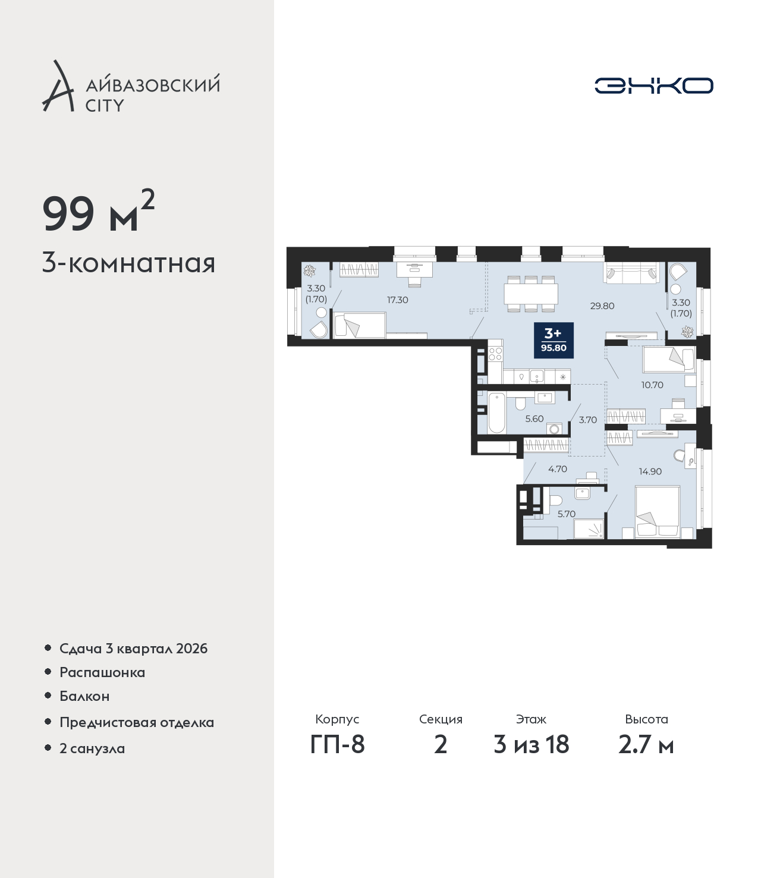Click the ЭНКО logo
tap(653, 85)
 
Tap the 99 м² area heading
tap(98, 212)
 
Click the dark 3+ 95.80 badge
tap(554, 340)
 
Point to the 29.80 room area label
tap(602, 306)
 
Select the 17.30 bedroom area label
tap(397, 300)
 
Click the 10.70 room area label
tap(652, 385)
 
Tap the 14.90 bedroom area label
tap(650, 471)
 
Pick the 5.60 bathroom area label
tap(534, 418)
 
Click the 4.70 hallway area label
tap(558, 469)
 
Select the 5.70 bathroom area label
tap(567, 514)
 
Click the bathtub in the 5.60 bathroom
tap(496, 413)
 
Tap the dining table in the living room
tap(531, 294)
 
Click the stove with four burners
tap(495, 354)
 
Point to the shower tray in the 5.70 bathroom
tap(589, 529)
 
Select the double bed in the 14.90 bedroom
tap(658, 512)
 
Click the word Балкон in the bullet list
tap(84, 696)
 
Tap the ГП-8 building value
tap(337, 744)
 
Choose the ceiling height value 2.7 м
tap(646, 744)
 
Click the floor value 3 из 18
tap(531, 744)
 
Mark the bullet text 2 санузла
tap(92, 748)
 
